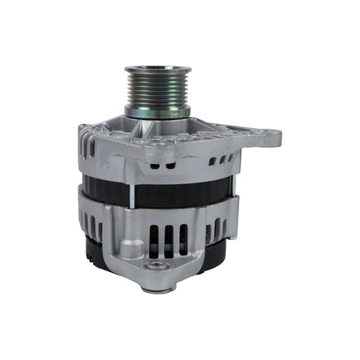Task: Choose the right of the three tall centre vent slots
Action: [x=183, y=241]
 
